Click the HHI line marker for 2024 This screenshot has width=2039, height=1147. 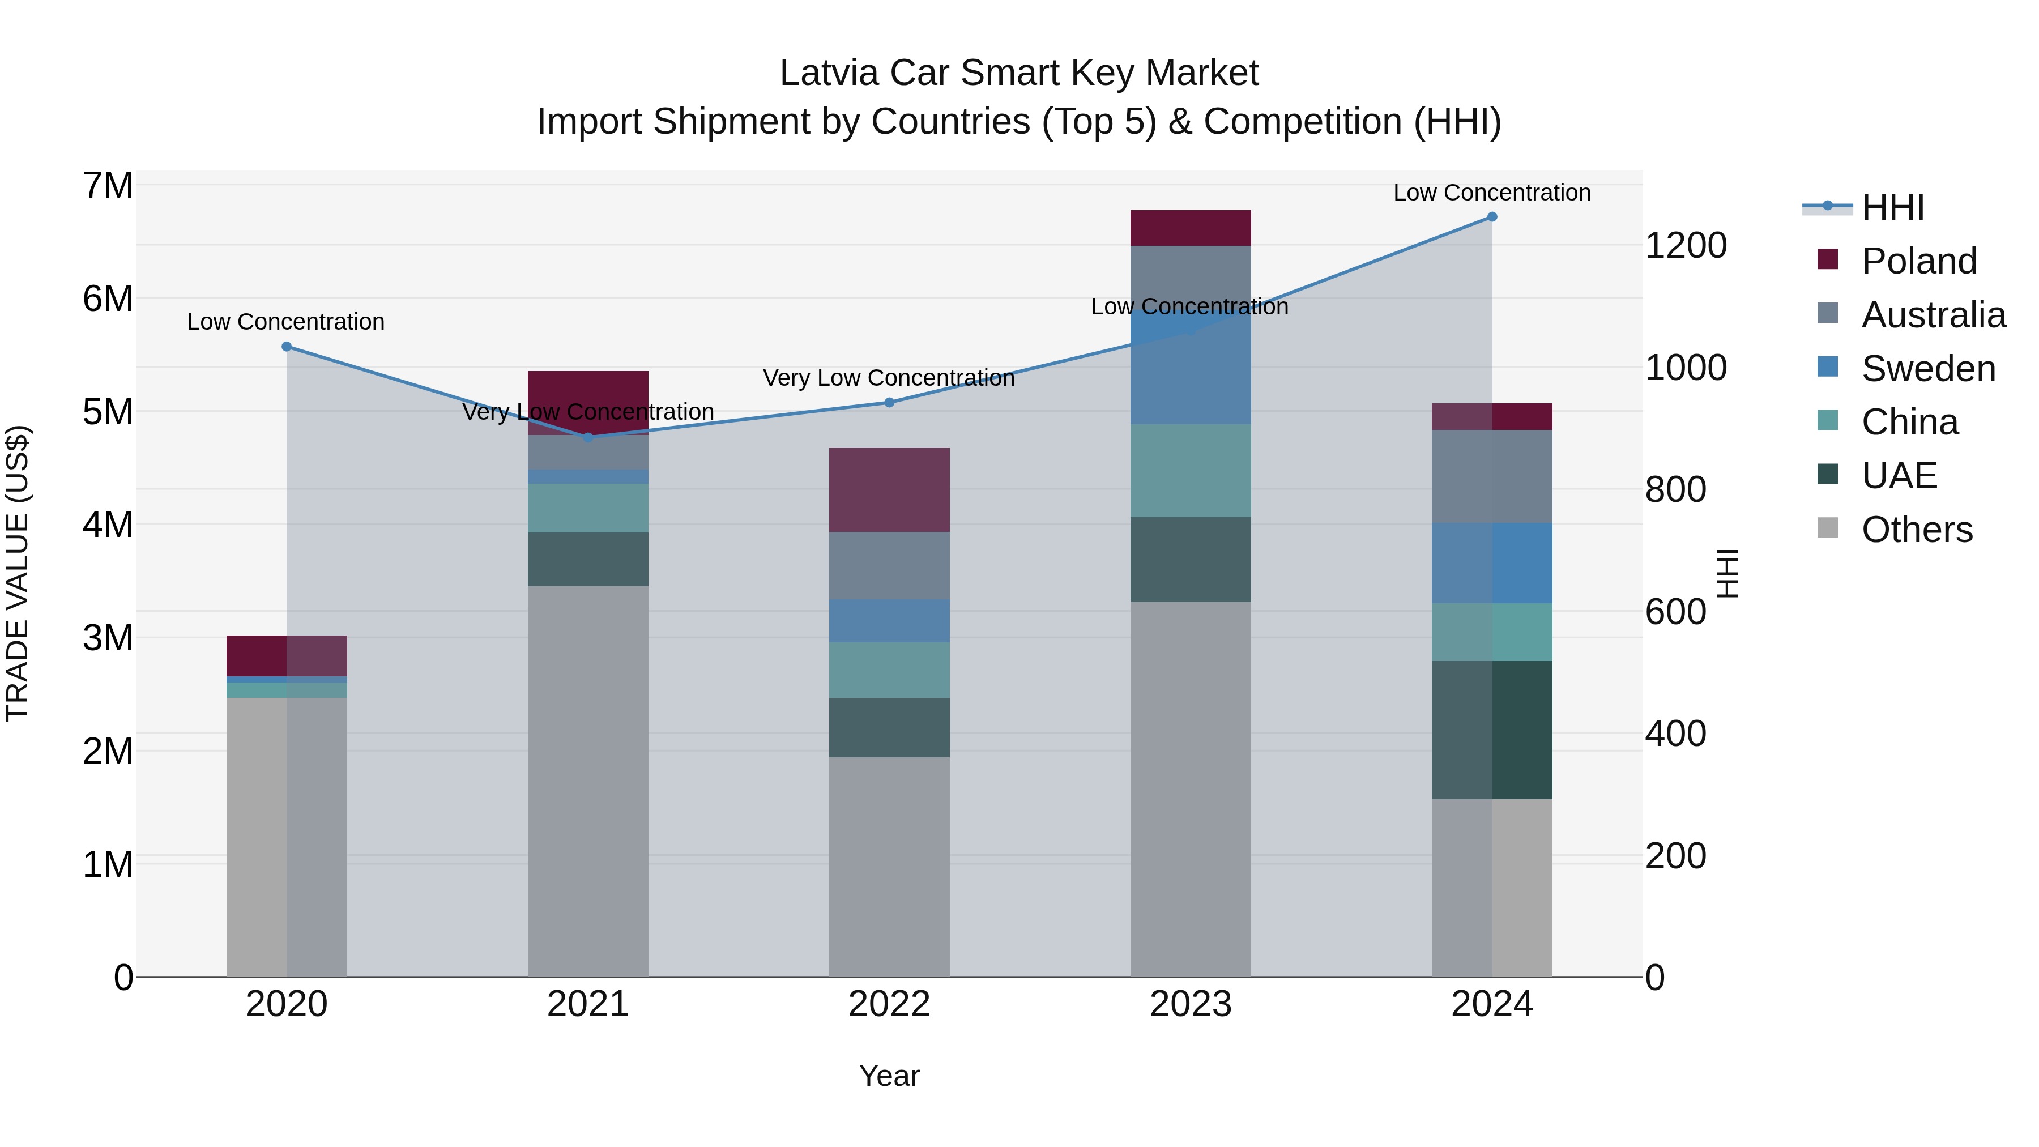1491,217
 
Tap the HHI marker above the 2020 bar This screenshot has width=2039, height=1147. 287,347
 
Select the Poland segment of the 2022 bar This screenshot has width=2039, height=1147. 889,490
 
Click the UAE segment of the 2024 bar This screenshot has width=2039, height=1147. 1491,730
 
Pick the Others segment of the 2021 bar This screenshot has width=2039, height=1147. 587,781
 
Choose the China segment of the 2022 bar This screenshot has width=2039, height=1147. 889,670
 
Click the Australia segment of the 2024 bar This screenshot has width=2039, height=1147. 1491,476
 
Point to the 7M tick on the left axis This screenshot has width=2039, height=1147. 108,186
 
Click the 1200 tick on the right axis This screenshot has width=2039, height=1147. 1685,245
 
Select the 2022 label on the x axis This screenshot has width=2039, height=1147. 889,1004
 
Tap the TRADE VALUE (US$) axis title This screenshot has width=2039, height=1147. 18,573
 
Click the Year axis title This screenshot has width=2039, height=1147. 889,1076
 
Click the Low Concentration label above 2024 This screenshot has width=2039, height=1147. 1491,193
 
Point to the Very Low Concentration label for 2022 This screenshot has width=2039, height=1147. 889,378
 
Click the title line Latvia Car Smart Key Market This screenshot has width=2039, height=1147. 1019,73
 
